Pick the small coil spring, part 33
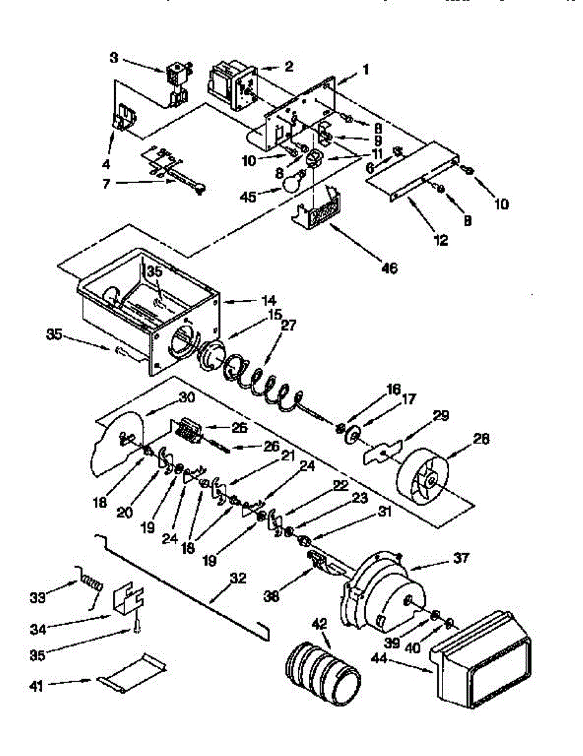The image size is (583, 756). (x=91, y=583)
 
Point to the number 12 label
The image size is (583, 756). (x=441, y=240)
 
